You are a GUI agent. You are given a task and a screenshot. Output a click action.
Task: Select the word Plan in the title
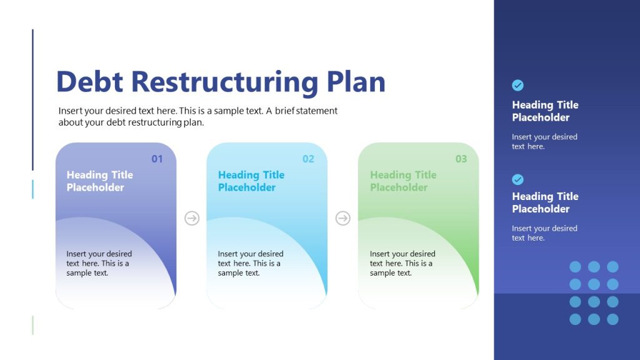click(x=356, y=82)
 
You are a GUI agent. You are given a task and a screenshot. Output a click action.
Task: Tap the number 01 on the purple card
click(x=157, y=159)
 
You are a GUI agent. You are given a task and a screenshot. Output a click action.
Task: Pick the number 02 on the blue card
click(x=308, y=159)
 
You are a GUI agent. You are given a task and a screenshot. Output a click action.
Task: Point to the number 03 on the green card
click(x=461, y=159)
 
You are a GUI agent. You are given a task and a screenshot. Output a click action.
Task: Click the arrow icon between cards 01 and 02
click(x=192, y=218)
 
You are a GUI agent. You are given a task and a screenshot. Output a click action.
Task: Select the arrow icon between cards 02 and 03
click(x=343, y=218)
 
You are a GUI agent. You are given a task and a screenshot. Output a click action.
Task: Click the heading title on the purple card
click(x=100, y=181)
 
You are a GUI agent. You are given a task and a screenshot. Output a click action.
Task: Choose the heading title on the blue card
click(x=251, y=181)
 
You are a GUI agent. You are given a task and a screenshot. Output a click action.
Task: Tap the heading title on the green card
click(x=403, y=181)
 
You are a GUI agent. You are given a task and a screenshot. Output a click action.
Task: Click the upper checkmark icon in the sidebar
click(x=517, y=86)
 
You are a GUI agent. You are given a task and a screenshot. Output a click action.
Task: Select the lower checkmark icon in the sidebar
click(x=517, y=179)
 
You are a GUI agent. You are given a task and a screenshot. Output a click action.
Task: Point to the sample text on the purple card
click(x=99, y=263)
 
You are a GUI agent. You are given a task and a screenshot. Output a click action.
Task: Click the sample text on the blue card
click(x=250, y=263)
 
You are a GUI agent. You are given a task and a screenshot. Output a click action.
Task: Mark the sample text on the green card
click(x=402, y=263)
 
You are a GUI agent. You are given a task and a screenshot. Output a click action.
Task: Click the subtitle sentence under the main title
click(x=197, y=116)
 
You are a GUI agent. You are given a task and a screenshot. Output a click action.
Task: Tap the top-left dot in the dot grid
click(x=575, y=267)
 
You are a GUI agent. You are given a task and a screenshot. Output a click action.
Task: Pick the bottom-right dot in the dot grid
click(x=612, y=319)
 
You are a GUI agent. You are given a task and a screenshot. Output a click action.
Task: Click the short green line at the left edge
click(x=32, y=325)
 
